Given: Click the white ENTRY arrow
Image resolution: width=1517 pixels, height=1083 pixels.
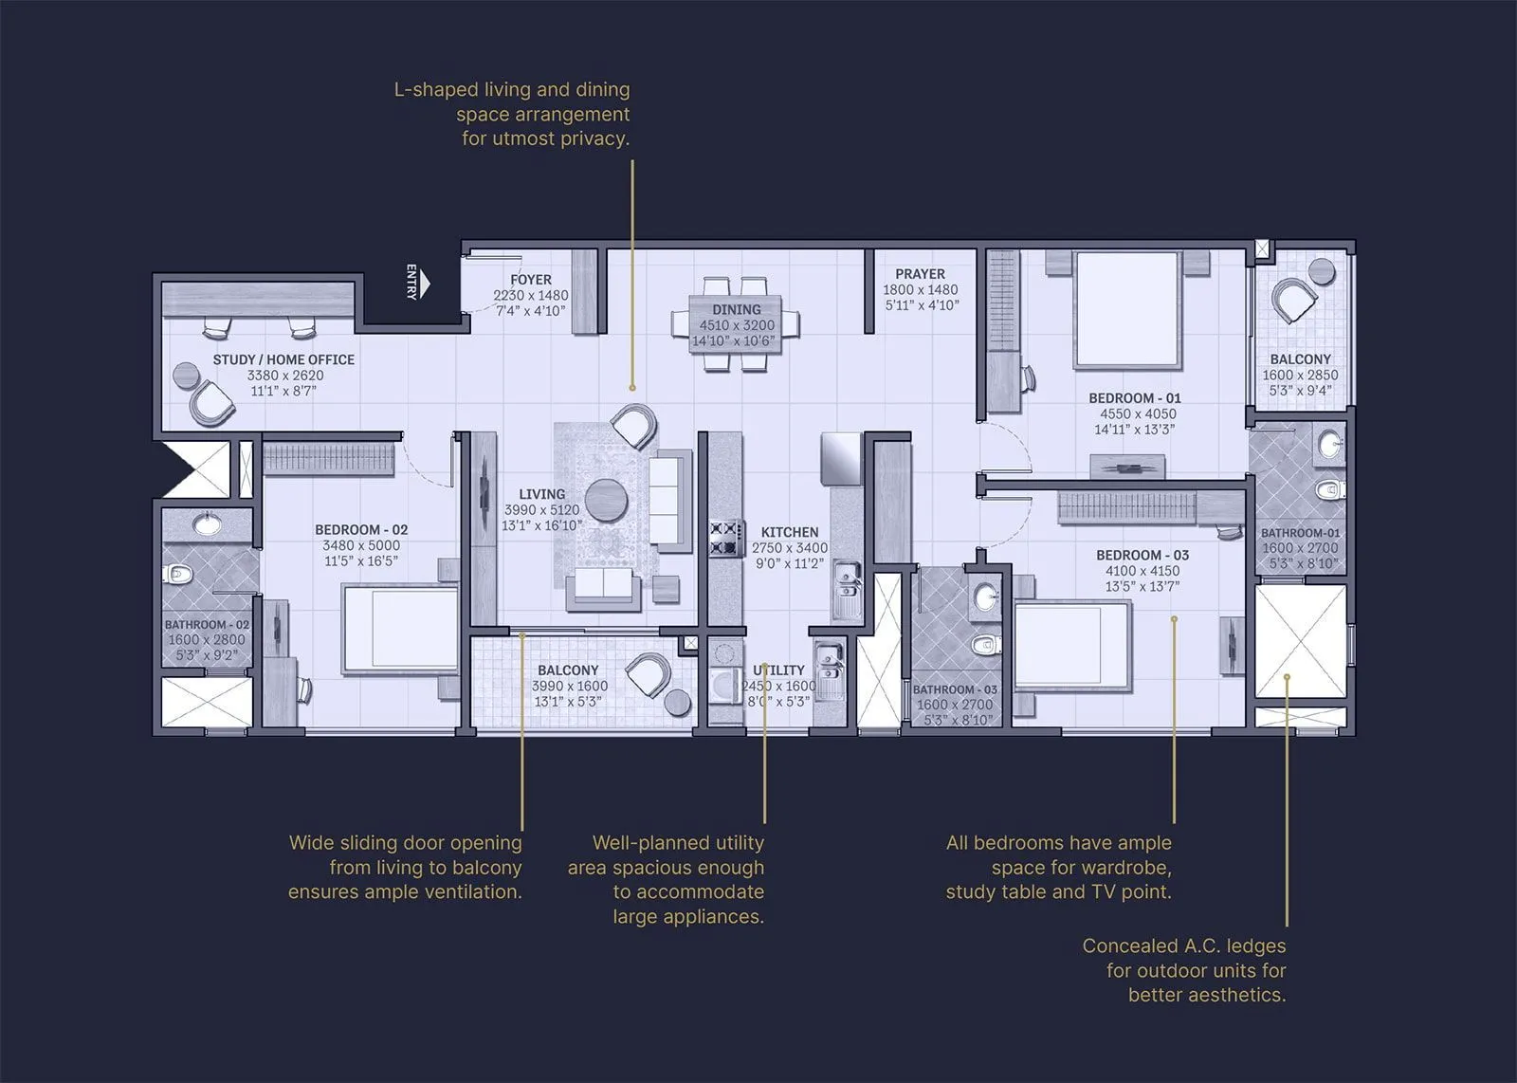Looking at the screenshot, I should pyautogui.click(x=426, y=283).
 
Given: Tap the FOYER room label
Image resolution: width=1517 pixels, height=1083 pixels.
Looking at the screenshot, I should pyautogui.click(x=530, y=280).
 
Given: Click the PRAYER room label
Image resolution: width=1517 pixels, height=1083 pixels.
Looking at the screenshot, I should pyautogui.click(x=920, y=273).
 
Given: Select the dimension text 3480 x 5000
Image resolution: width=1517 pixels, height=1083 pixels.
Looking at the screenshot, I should pyautogui.click(x=360, y=545).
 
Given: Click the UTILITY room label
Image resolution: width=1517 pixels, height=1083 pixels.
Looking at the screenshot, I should pyautogui.click(x=778, y=670).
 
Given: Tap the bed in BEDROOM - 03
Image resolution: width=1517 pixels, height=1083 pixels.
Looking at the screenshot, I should pyautogui.click(x=1071, y=645).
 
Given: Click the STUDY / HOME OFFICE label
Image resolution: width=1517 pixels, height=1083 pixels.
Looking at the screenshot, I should pyautogui.click(x=283, y=359).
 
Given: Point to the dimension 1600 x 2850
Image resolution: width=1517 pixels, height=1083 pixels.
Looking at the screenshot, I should pyautogui.click(x=1300, y=375).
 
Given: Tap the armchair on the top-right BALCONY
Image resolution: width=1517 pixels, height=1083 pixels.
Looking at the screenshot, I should pyautogui.click(x=1294, y=302).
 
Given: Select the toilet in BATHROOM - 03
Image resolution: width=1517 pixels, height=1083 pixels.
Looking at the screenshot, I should pyautogui.click(x=986, y=645).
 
